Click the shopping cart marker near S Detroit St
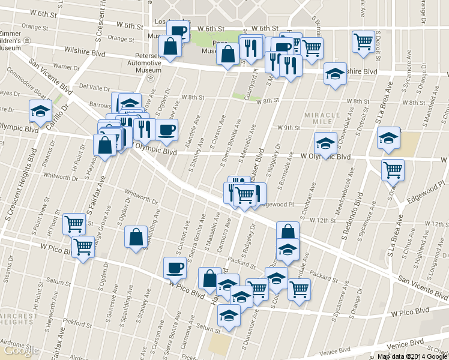tap(363, 41)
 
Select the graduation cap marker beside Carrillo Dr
tap(40, 110)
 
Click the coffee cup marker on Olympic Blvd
tap(166, 128)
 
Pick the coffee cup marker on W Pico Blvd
tap(175, 267)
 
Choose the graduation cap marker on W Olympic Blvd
tap(325, 143)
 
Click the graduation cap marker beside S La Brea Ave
tap(388, 137)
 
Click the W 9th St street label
tap(288, 127)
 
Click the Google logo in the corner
tap(20, 350)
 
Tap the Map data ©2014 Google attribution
tap(412, 356)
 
